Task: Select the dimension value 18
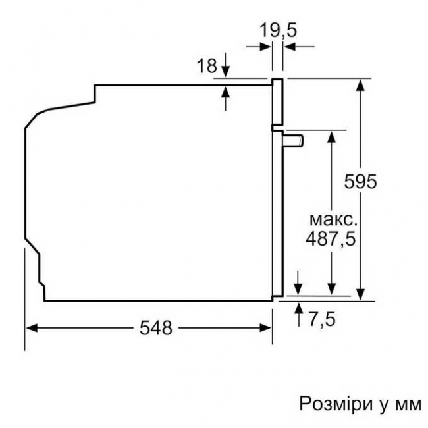coord(207,65)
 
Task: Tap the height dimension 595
coord(361,182)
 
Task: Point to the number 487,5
coord(330,239)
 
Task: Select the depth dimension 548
coord(157,327)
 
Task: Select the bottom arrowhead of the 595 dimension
coord(361,294)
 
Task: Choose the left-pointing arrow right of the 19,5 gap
coord(289,46)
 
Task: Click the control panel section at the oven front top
coord(278,102)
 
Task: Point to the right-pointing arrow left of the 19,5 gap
coord(267,46)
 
